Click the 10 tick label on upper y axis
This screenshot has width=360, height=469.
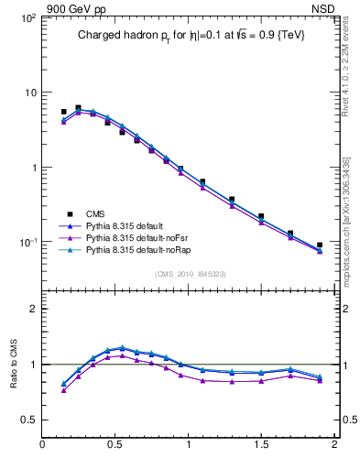[x=29, y=93]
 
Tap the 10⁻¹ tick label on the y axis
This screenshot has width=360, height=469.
[x=27, y=243]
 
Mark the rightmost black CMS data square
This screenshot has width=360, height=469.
[x=320, y=245]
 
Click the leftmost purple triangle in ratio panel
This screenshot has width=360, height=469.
[x=63, y=390]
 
